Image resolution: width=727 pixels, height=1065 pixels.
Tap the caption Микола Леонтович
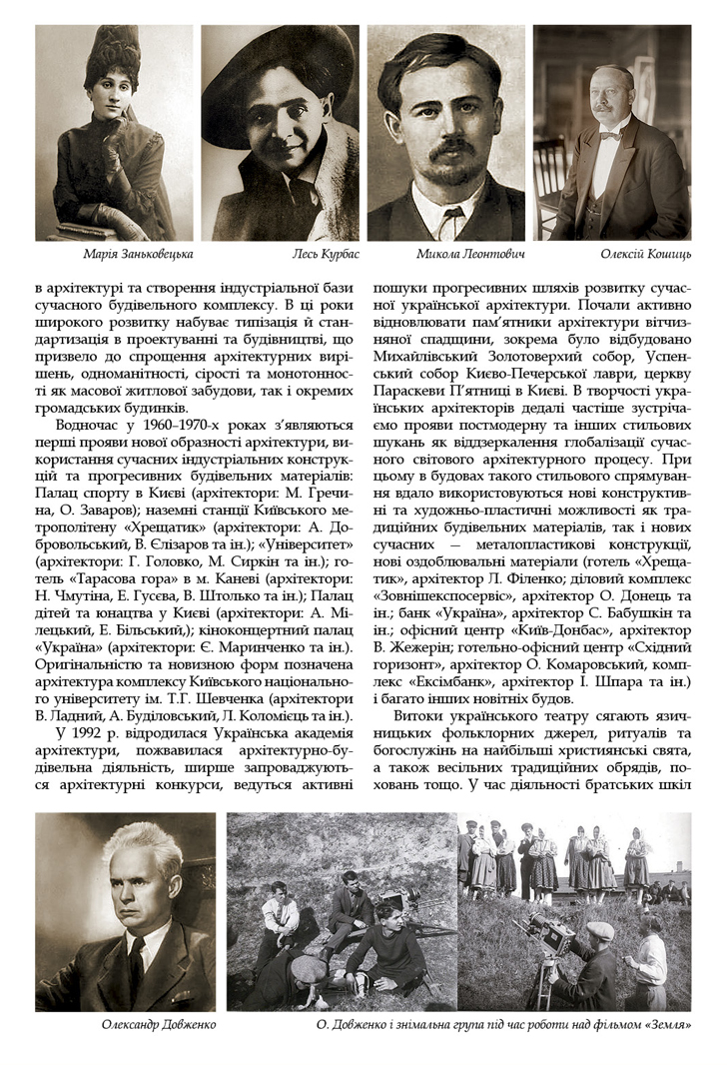coord(470,255)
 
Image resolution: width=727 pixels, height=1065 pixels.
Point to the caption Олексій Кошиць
coord(645,255)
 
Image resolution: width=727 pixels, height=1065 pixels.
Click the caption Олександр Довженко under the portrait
coord(159,1025)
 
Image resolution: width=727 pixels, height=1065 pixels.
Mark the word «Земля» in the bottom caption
coord(668,1025)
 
